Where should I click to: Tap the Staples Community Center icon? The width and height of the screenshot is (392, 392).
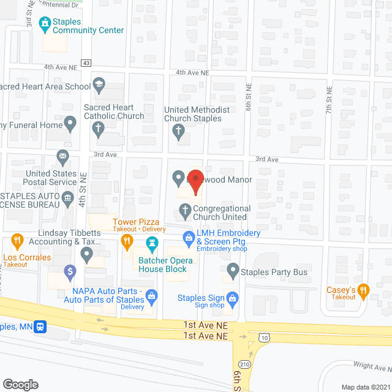(x=44, y=24)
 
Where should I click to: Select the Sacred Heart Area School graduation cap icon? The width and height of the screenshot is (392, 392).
(x=99, y=84)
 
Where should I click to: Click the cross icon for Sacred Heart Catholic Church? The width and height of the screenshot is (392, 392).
(x=97, y=129)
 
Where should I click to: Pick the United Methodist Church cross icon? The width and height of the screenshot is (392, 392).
(x=178, y=130)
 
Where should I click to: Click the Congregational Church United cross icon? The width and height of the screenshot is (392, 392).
(x=184, y=212)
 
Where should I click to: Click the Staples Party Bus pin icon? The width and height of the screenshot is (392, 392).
(x=233, y=269)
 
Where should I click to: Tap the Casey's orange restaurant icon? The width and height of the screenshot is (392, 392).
(x=363, y=290)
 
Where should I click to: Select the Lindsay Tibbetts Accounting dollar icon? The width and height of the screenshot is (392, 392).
(x=70, y=270)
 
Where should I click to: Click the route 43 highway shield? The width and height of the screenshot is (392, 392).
(x=86, y=63)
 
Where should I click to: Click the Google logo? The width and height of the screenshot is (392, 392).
(x=20, y=384)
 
